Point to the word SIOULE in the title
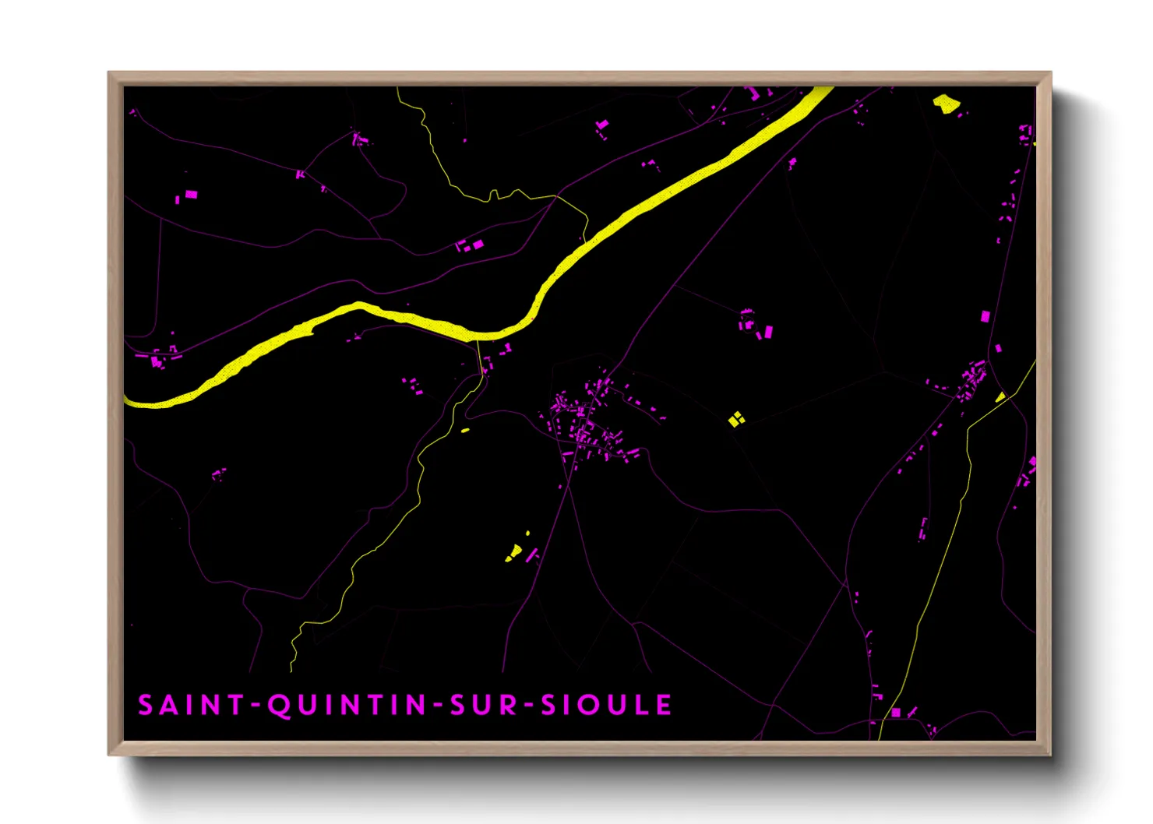pyautogui.click(x=606, y=706)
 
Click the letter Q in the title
pyautogui.click(x=280, y=706)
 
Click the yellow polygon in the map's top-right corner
pyautogui.click(x=946, y=103)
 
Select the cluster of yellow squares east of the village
pyautogui.click(x=736, y=419)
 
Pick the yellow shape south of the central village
pyautogui.click(x=514, y=554)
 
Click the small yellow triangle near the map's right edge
pyautogui.click(x=1000, y=396)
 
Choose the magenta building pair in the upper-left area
pyautogui.click(x=188, y=195)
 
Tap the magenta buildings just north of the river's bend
pyautogui.click(x=470, y=246)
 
